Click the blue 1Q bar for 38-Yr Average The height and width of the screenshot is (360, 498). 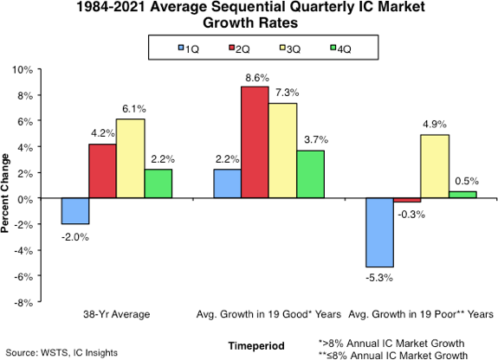[74, 211]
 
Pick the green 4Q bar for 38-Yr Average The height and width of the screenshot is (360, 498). [158, 183]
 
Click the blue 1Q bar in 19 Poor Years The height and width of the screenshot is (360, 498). [379, 233]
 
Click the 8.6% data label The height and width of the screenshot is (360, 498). [255, 78]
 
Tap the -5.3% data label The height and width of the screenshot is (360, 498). [379, 277]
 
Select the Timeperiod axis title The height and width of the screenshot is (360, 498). [255, 345]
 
